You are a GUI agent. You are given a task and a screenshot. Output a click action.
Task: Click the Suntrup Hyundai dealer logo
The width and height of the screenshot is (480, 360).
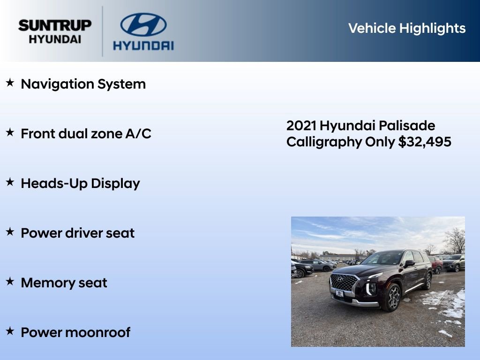pyautogui.click(x=55, y=32)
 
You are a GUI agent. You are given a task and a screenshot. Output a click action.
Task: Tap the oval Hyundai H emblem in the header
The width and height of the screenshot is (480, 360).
pyautogui.click(x=143, y=25)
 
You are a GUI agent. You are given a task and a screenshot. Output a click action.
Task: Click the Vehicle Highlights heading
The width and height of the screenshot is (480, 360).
pyautogui.click(x=407, y=28)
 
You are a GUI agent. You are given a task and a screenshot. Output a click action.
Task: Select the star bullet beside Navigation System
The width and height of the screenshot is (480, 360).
pyautogui.click(x=10, y=83)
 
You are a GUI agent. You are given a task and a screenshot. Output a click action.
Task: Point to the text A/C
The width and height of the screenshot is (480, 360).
pyautogui.click(x=138, y=134)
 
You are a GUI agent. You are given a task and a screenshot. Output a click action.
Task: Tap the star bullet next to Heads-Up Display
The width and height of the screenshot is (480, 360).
pyautogui.click(x=10, y=183)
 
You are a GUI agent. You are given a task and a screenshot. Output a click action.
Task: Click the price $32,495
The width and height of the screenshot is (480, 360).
pyautogui.click(x=425, y=142)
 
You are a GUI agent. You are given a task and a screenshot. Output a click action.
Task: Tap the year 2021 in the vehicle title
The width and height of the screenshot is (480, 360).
pyautogui.click(x=301, y=126)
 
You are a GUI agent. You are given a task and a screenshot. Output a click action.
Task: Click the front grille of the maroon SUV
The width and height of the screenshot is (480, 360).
pyautogui.click(x=343, y=283)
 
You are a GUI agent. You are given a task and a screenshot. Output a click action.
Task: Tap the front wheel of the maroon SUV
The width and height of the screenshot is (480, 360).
pyautogui.click(x=391, y=297)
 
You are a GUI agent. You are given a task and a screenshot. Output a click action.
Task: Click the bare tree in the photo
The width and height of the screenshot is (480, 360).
pyautogui.click(x=455, y=240)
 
